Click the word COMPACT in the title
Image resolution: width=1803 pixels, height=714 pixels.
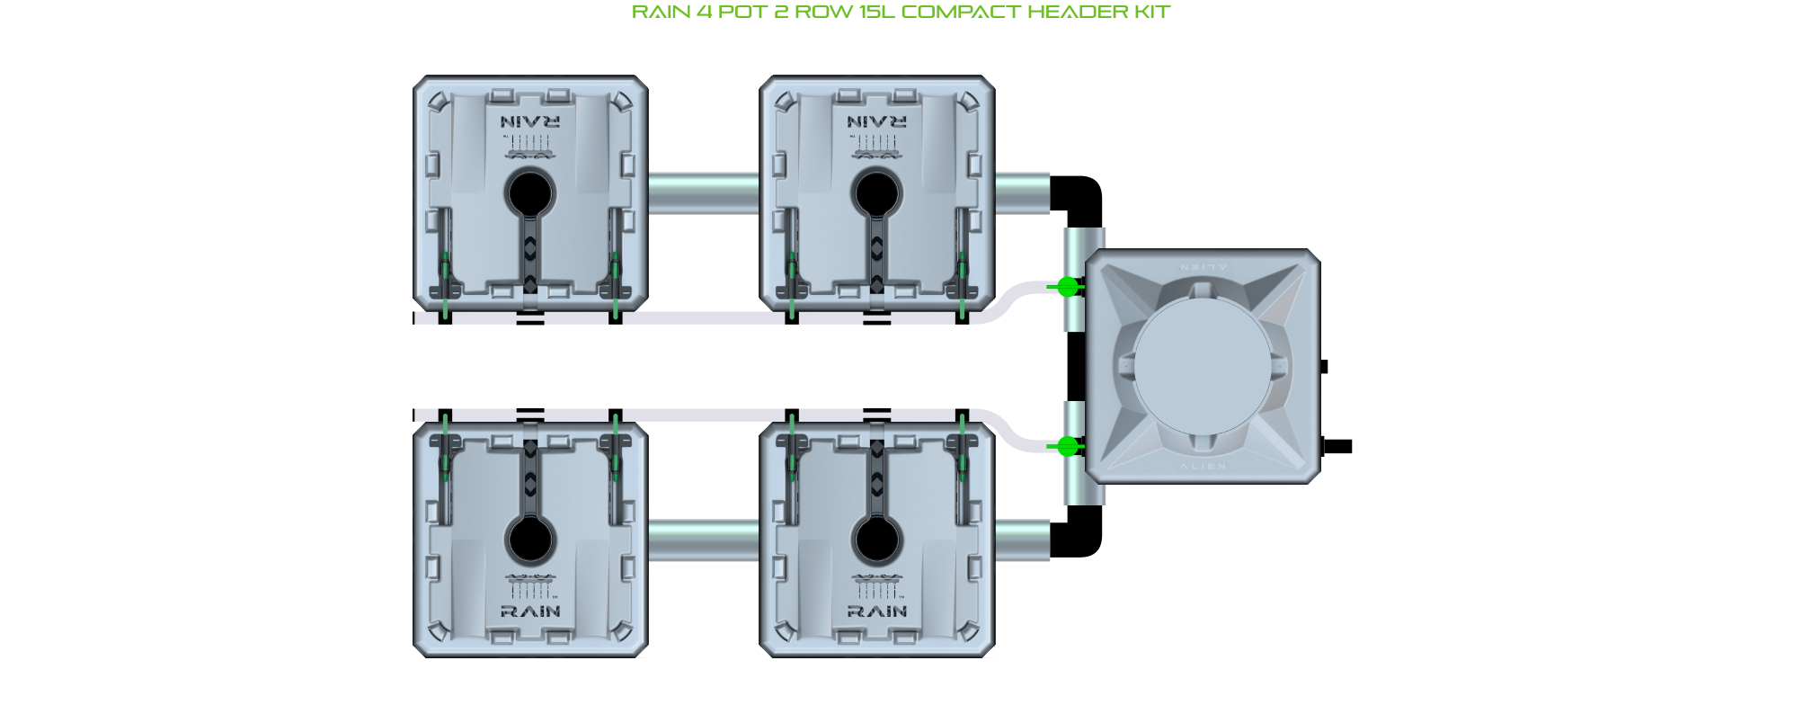point(961,12)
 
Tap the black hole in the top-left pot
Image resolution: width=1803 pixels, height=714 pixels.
point(530,192)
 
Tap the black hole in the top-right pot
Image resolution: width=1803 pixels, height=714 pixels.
point(876,192)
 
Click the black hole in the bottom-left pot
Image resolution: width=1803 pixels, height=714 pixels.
point(530,540)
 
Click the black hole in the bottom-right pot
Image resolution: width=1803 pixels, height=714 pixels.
point(876,540)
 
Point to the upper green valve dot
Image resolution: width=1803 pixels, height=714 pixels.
point(1067,287)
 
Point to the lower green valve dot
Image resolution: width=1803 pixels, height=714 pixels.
point(1067,446)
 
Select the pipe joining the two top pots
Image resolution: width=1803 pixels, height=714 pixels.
point(703,193)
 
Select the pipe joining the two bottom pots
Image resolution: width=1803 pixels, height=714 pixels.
point(703,540)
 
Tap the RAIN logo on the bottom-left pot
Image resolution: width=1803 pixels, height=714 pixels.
point(530,611)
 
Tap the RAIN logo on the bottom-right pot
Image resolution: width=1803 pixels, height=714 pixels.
point(877,611)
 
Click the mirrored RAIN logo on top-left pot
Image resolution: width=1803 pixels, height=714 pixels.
point(530,121)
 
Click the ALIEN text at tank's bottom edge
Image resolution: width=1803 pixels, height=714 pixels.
point(1203,467)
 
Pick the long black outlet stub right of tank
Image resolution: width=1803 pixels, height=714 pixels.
point(1338,446)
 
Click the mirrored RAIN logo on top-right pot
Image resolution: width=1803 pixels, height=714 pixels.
point(877,121)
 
